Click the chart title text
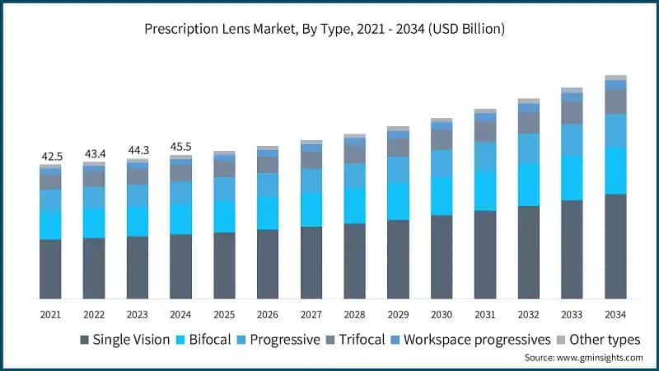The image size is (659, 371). coord(329,29)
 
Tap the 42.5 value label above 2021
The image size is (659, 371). coord(50,156)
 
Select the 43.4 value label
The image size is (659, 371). coord(94,153)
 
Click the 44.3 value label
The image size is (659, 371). coord(138,150)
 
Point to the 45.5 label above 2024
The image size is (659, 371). coord(181,147)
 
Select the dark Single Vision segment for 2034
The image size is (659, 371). coord(615,246)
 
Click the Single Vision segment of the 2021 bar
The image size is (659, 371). coord(50,269)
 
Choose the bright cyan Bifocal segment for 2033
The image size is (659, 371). coord(572,177)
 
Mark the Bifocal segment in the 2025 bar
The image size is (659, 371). coord(224,216)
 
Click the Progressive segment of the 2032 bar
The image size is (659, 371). coord(528,148)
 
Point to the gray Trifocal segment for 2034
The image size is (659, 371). coord(615,101)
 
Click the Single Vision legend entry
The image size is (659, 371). coord(124,340)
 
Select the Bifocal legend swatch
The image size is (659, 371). coord(184,340)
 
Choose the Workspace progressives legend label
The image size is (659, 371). coord(477,340)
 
